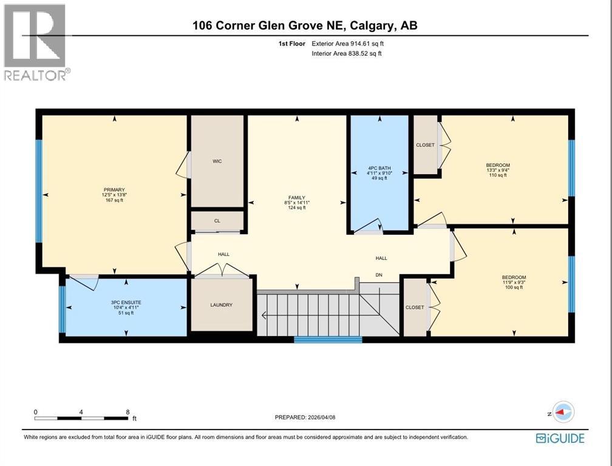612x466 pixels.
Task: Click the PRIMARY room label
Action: coord(114,189)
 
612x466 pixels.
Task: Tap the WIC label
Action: coord(217,161)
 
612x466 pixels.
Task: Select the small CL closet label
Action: coord(217,221)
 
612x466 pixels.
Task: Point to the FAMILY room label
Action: coord(296,197)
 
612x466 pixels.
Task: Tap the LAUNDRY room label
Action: coord(221,305)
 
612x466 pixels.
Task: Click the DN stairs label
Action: coord(379,275)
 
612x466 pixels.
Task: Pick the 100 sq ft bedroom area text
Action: coord(514,287)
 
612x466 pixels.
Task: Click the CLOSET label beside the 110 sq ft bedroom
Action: coord(425,145)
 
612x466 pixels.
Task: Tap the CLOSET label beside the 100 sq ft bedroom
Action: coord(415,308)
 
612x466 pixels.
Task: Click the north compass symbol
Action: coord(564,412)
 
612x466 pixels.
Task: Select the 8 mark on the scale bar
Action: coord(127,412)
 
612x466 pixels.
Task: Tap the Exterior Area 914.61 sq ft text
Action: coord(348,44)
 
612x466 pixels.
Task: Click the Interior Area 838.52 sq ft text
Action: coord(347,53)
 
